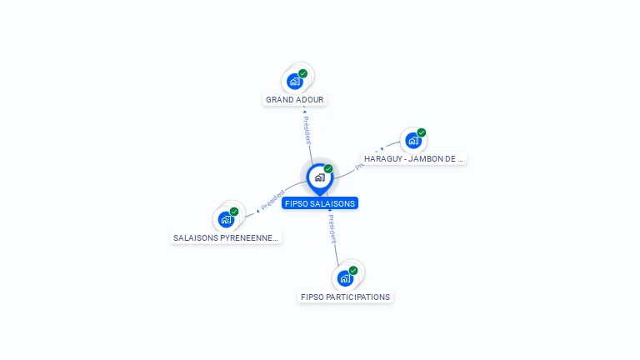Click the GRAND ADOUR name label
[x=295, y=100]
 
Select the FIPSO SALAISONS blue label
[x=320, y=203]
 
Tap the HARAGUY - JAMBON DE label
[x=413, y=158]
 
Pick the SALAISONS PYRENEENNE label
[x=226, y=237]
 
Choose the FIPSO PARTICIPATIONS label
[x=345, y=297]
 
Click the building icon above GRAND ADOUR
[x=294, y=82]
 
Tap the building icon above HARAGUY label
[x=413, y=141]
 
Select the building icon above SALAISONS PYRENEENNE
[x=225, y=220]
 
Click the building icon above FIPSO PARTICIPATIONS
[x=344, y=278]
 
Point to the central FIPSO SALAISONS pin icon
[x=319, y=177]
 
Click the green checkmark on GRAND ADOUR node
[x=303, y=73]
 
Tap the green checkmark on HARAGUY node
[x=422, y=132]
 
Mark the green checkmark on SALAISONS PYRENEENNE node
[x=234, y=212]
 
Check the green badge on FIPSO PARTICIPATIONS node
[x=353, y=270]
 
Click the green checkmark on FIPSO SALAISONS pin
[x=328, y=169]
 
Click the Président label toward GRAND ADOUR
[x=307, y=130]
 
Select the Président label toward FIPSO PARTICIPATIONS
[x=332, y=228]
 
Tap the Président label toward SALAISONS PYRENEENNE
[x=272, y=201]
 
